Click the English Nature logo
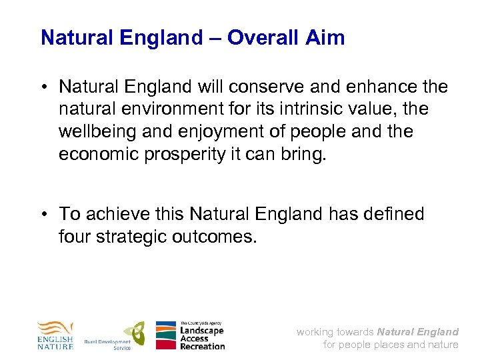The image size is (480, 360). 55,335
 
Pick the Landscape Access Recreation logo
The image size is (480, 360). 190,335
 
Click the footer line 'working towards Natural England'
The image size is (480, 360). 377,331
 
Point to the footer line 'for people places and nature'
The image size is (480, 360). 391,345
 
